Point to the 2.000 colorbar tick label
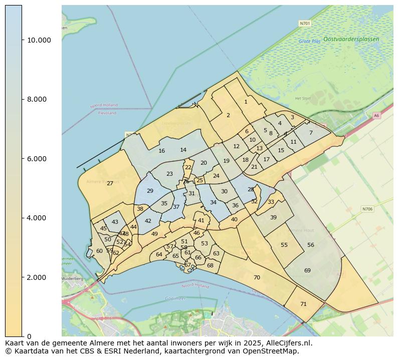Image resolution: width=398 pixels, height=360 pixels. [39, 277]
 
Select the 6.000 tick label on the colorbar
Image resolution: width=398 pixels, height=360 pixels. [39, 159]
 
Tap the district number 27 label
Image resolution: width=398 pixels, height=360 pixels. [110, 184]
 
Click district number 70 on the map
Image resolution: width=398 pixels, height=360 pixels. [257, 277]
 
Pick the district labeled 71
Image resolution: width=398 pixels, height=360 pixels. [303, 304]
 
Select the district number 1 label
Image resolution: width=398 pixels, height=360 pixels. [246, 102]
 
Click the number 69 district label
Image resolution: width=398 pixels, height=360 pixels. [307, 270]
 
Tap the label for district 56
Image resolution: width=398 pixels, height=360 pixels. [311, 245]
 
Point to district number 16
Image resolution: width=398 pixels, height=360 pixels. [161, 151]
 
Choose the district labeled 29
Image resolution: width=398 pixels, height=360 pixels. [150, 191]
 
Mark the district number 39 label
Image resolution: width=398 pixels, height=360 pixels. [273, 217]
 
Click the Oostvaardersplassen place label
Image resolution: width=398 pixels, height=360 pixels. [351, 39]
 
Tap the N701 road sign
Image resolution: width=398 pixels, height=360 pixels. [304, 23]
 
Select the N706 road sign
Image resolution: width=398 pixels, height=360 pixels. [367, 208]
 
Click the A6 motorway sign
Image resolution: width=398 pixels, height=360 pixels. [376, 116]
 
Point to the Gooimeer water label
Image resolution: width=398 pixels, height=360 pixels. [175, 298]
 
